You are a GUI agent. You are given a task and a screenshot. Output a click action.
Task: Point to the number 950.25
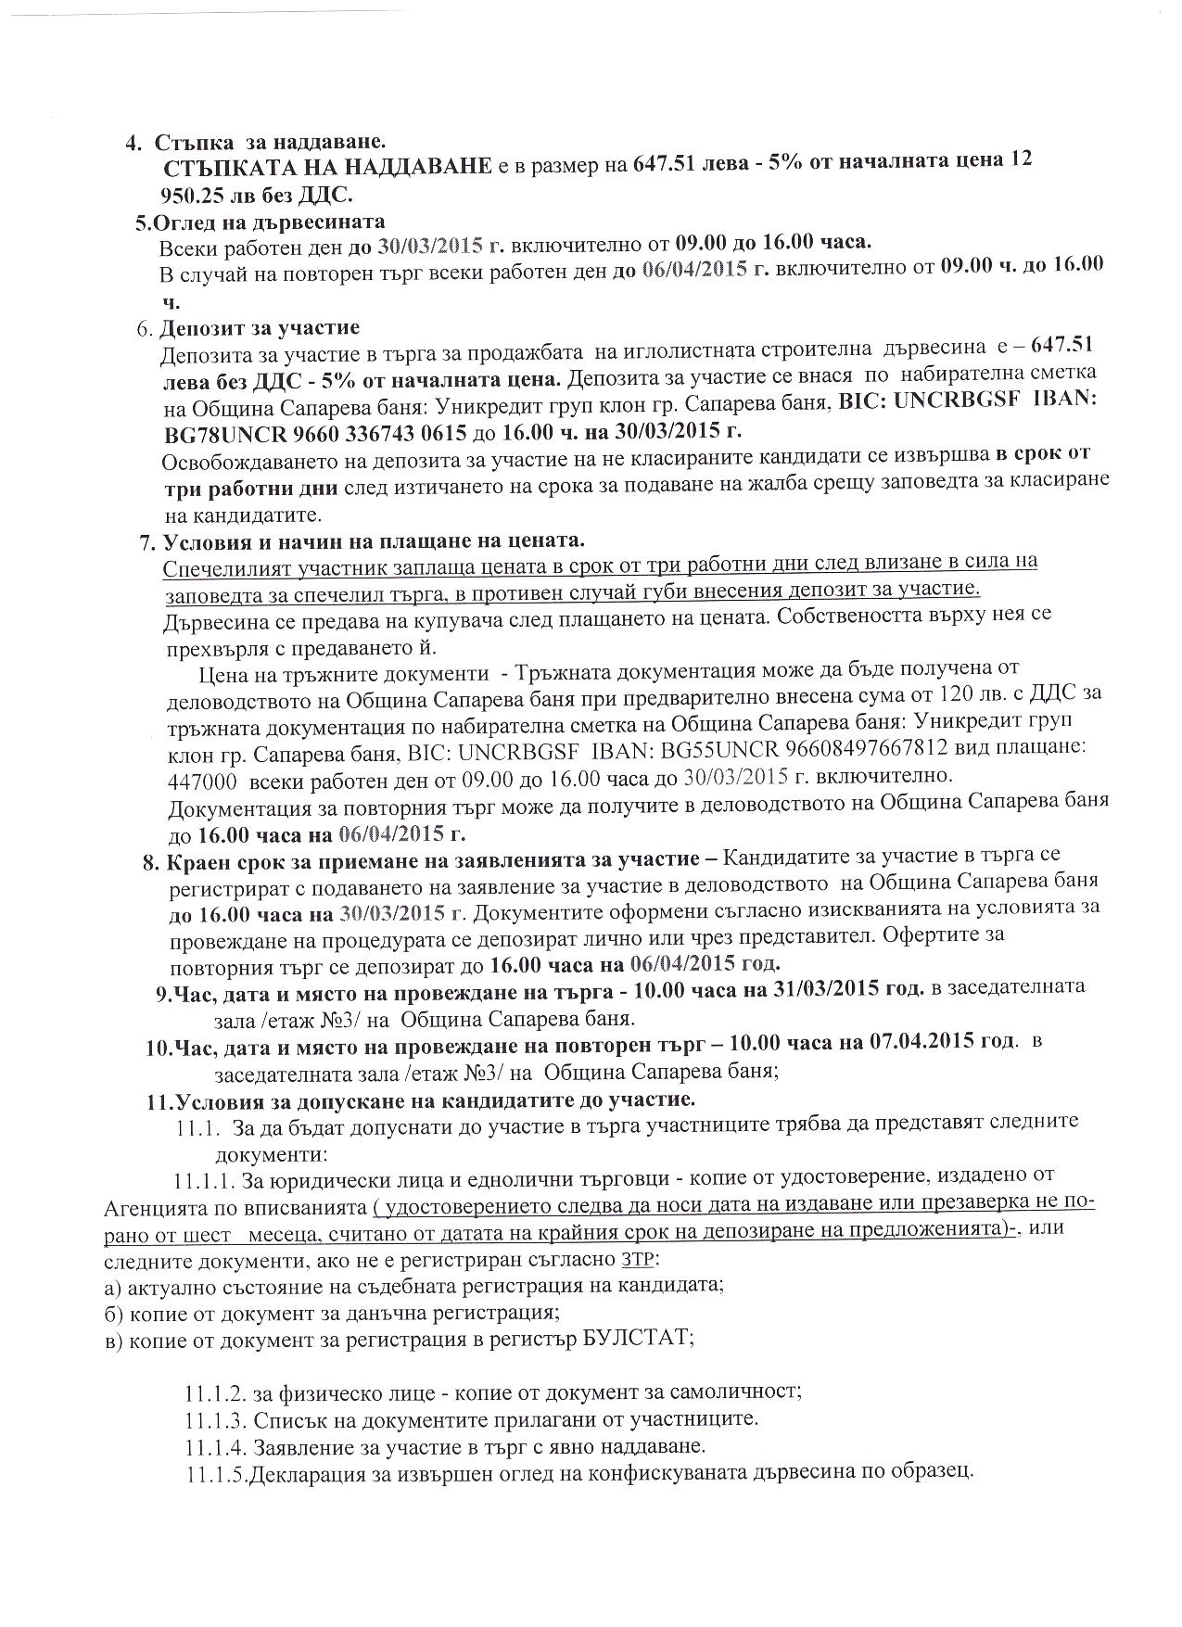pyautogui.click(x=193, y=196)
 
